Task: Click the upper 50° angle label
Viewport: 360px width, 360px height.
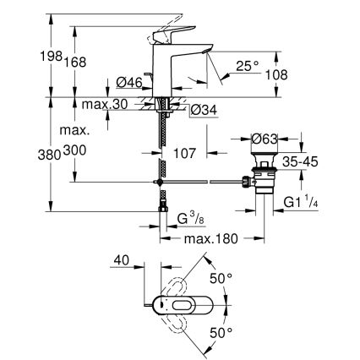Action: pos(221,276)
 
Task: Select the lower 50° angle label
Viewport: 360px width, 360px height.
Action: pos(221,334)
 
